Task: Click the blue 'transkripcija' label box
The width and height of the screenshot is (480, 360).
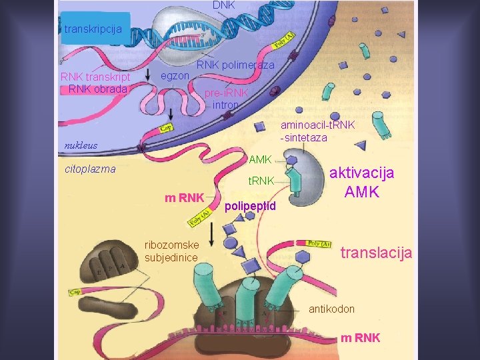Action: click(x=93, y=29)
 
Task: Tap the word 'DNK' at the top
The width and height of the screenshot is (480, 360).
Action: click(x=225, y=5)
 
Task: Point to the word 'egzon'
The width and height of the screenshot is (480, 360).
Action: click(x=175, y=76)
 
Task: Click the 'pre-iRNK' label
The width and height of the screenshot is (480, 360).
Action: click(x=226, y=93)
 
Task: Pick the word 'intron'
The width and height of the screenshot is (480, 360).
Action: click(x=225, y=105)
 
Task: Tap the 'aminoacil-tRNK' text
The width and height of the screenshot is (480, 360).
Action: click(x=318, y=125)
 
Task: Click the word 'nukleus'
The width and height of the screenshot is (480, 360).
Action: click(x=80, y=145)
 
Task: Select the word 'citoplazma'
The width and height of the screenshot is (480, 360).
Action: click(x=90, y=169)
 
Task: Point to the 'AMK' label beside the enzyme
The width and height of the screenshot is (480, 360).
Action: click(x=260, y=159)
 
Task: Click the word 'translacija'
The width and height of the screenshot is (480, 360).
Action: click(x=377, y=253)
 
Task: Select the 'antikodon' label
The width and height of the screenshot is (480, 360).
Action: click(x=331, y=309)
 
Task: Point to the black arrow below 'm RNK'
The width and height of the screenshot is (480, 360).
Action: click(x=211, y=233)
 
